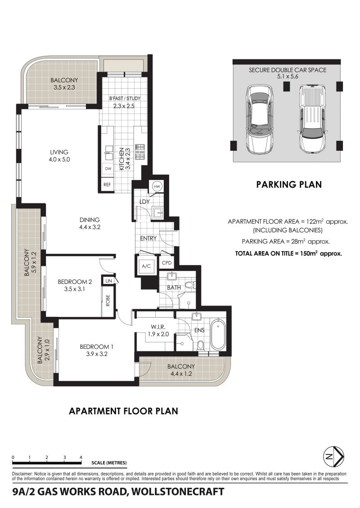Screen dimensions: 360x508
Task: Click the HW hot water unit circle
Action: click(157, 186)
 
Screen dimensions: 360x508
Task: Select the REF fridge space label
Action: click(107, 184)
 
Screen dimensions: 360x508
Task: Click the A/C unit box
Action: click(146, 265)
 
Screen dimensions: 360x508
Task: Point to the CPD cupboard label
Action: click(166, 263)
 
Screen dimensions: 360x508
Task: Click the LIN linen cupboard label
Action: click(108, 281)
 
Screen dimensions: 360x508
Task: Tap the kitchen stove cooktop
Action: click(140, 152)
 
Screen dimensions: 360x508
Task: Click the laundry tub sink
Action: click(159, 213)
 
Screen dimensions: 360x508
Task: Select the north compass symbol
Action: click(334, 457)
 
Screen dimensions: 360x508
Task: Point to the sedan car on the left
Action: click(260, 120)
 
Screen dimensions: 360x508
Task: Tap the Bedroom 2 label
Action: click(75, 282)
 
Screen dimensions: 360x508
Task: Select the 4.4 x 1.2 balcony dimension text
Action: click(181, 373)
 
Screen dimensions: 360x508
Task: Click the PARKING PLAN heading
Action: click(289, 184)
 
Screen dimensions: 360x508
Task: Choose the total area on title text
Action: click(289, 253)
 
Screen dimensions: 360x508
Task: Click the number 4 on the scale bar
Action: click(81, 457)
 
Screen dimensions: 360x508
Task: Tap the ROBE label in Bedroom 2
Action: click(108, 300)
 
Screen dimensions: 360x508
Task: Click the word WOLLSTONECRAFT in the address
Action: click(178, 491)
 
